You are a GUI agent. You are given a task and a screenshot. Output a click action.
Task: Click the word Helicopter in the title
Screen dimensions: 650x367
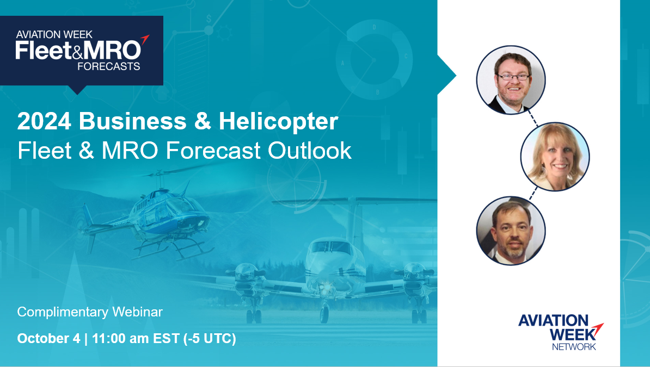(x=278, y=121)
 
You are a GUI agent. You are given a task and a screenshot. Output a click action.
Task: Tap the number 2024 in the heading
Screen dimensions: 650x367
(x=44, y=121)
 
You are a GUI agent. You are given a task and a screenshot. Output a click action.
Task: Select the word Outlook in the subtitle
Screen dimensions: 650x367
(x=310, y=151)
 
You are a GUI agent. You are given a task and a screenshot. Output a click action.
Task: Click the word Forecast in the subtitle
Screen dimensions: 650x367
(x=213, y=151)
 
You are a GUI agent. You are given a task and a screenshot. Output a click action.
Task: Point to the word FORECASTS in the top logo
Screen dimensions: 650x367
(x=109, y=66)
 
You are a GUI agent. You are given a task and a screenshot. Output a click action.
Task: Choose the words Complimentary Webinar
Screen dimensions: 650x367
(x=90, y=312)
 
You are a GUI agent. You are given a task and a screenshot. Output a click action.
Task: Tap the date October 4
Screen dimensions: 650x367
(x=48, y=338)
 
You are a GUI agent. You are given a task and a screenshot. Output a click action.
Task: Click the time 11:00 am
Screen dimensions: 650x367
(x=120, y=338)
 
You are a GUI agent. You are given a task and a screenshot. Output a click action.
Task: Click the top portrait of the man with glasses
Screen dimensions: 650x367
(x=511, y=80)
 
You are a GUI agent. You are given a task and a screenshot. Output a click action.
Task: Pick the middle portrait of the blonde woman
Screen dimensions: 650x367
(x=555, y=157)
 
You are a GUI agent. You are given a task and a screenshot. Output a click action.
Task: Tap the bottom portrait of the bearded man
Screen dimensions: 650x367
(x=511, y=231)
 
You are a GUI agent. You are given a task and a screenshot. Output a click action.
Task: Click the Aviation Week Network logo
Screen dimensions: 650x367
(x=561, y=332)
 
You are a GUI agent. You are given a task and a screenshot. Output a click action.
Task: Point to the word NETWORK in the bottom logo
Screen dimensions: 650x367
(x=574, y=346)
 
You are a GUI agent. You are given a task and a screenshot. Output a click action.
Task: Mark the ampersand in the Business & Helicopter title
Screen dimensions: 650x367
(x=203, y=121)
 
